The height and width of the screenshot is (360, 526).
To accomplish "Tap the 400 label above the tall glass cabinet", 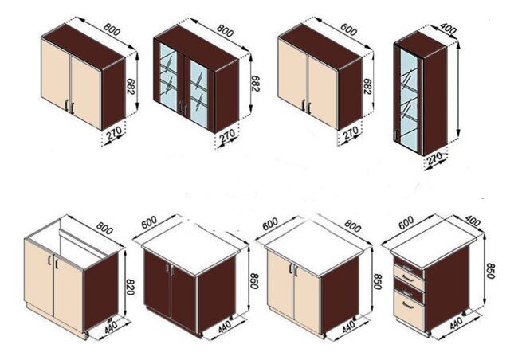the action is tap(448, 29).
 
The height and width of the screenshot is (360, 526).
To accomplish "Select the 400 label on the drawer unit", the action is tap(473, 221).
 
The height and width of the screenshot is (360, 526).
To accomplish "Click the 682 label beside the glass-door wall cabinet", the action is tap(255, 84).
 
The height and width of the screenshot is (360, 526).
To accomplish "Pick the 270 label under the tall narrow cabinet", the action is tap(435, 158).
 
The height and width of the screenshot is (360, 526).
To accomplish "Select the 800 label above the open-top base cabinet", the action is tap(104, 228).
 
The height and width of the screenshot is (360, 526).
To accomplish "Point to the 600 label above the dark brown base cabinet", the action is tap(149, 222).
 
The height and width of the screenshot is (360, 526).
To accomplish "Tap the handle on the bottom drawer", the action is tap(407, 305).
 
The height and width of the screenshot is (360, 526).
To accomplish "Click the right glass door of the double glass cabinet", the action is tap(199, 94).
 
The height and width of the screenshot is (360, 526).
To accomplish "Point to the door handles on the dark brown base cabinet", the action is tap(170, 270).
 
